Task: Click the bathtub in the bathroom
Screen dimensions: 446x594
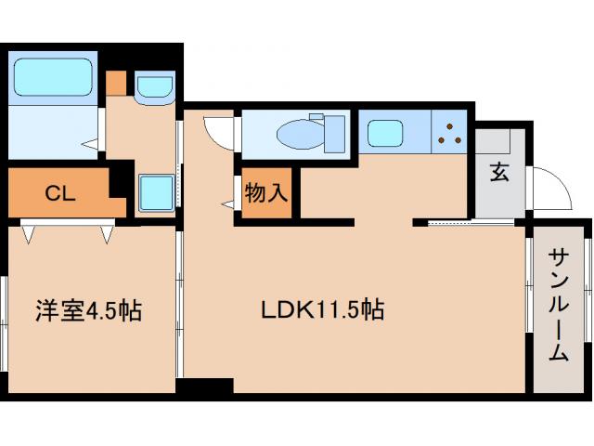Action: coord(52,76)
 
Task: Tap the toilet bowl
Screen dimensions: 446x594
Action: coord(299,136)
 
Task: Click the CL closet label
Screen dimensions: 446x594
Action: coord(59,194)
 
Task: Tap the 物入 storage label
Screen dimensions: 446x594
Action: coord(266,194)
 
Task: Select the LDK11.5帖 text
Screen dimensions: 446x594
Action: coord(321,308)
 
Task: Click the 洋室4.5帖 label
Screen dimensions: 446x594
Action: coord(89,309)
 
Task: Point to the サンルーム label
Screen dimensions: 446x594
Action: coord(559,304)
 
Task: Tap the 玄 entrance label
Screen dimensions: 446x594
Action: coord(499,172)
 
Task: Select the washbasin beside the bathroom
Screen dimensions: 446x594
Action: coord(152,89)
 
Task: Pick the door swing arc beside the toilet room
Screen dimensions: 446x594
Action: coord(219,136)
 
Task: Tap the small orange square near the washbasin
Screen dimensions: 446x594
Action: coord(115,82)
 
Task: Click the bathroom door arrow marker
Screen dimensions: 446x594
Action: coord(90,144)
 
